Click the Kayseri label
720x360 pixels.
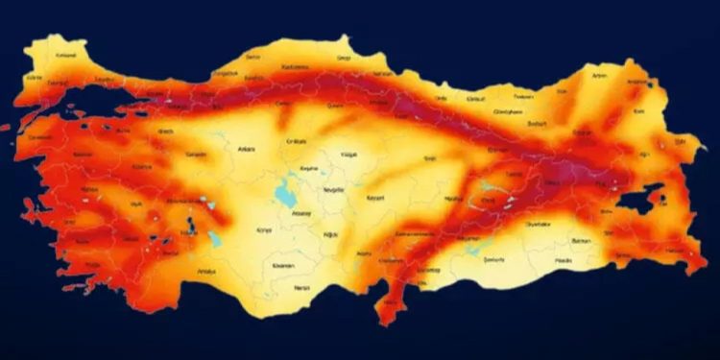(375, 198)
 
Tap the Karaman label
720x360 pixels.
(283, 265)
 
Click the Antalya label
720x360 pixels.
(205, 272)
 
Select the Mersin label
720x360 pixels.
(303, 288)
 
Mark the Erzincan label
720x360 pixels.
(497, 150)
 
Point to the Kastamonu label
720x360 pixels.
(294, 67)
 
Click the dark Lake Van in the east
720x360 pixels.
(637, 198)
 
